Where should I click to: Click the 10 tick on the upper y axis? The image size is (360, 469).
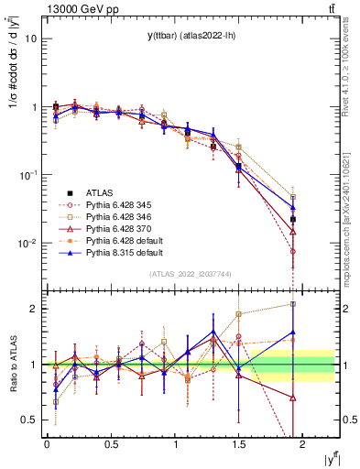pos(30,39)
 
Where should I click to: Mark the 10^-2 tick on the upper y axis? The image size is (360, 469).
pos(27,244)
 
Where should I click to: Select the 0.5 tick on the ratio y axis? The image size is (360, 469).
pos(27,420)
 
